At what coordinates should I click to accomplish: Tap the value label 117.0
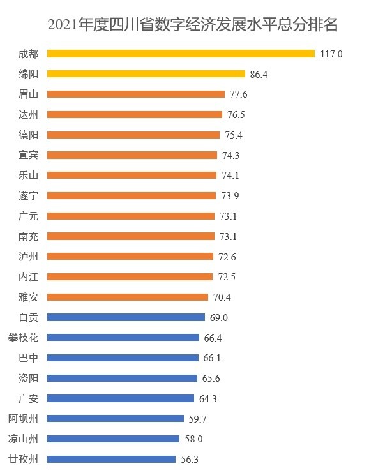tap(331, 54)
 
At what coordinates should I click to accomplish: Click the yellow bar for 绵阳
tap(146, 74)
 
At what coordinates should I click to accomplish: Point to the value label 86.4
tap(259, 75)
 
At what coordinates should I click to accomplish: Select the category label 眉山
tap(29, 94)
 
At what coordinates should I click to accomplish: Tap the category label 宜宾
tap(29, 155)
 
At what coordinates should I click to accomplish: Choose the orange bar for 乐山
tap(132, 175)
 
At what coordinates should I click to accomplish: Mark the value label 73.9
tap(230, 196)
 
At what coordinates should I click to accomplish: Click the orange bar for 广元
tap(131, 216)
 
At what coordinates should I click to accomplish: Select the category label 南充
tap(29, 236)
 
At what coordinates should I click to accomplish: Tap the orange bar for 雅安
tap(128, 297)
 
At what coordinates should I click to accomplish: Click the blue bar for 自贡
tap(126, 317)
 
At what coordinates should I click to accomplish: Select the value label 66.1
tap(212, 358)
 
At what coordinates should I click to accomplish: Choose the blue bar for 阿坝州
tap(116, 418)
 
